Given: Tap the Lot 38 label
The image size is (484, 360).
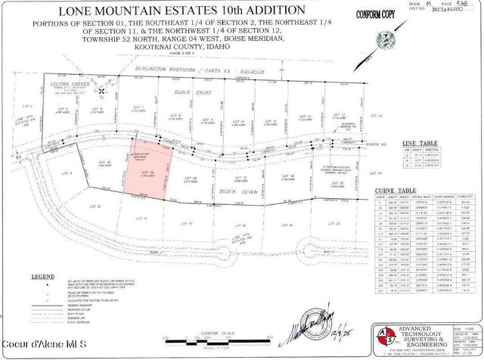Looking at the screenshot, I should (190, 178).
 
